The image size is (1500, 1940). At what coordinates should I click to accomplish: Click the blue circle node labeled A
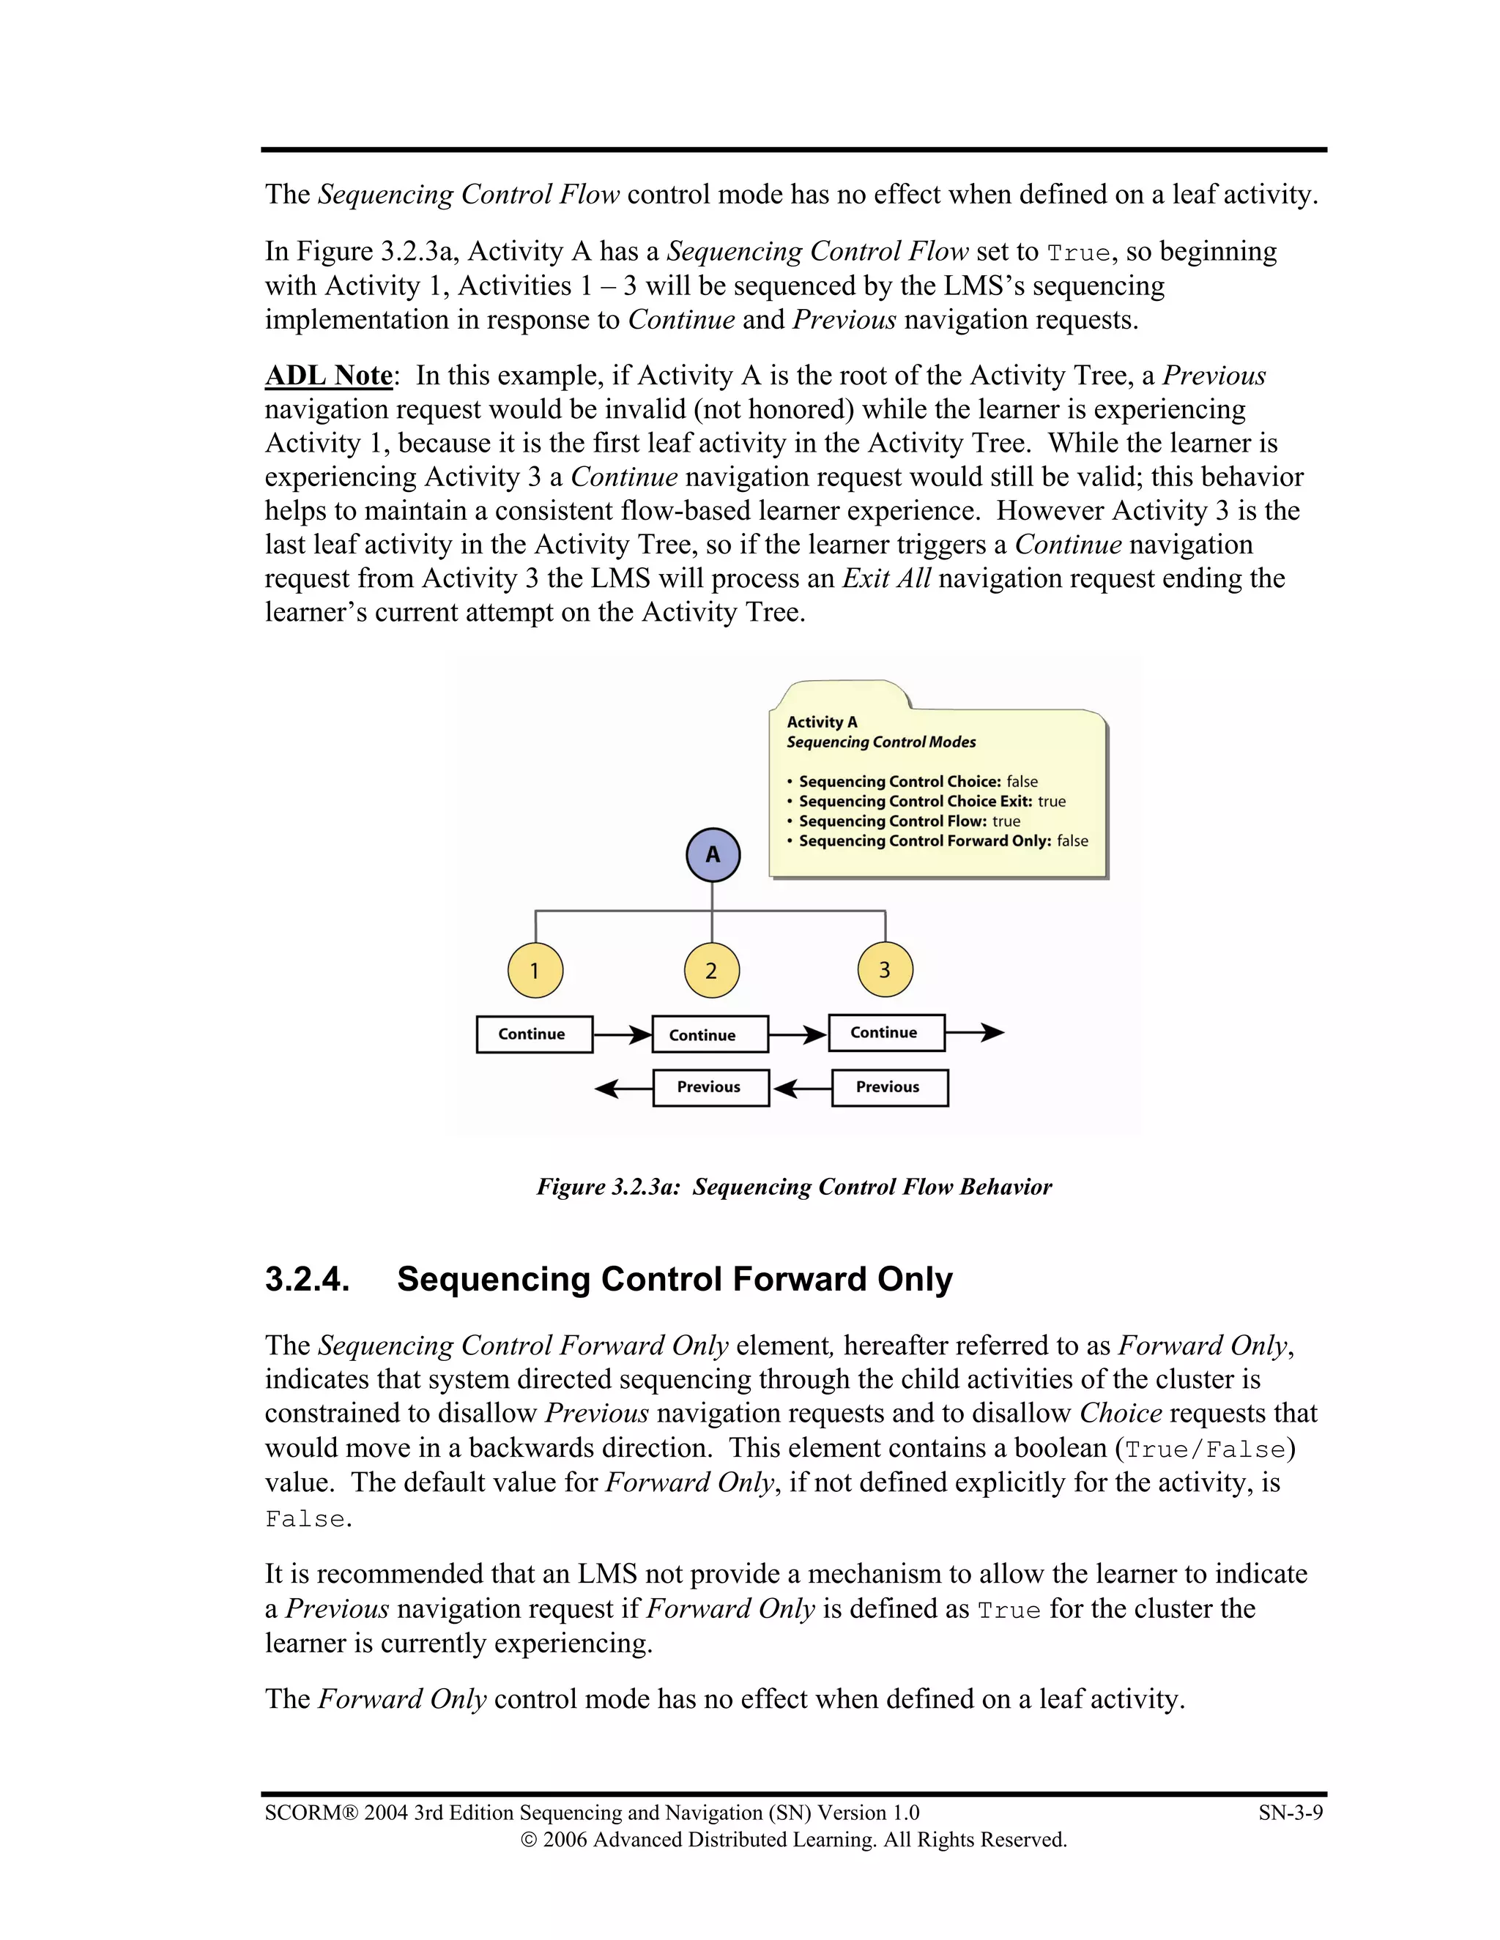point(713,854)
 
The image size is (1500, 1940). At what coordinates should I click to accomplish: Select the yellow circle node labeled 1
point(535,970)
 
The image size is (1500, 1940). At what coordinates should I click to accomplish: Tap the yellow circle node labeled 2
point(711,970)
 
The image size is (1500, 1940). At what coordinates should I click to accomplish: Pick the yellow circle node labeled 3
point(885,969)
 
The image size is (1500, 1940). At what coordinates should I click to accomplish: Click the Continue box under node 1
point(534,1034)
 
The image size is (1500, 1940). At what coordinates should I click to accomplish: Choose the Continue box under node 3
point(886,1032)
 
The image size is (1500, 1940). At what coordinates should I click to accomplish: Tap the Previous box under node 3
point(889,1087)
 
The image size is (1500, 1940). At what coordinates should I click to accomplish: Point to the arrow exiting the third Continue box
point(975,1032)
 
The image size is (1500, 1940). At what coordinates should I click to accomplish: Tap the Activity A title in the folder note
point(822,722)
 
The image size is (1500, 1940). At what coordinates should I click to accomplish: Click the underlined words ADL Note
point(329,376)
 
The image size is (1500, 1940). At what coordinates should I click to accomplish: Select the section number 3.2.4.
point(307,1279)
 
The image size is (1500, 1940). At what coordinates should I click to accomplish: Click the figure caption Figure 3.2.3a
point(793,1187)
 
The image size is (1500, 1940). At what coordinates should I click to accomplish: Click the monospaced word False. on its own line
point(308,1519)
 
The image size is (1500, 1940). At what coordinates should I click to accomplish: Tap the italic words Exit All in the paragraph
point(886,578)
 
